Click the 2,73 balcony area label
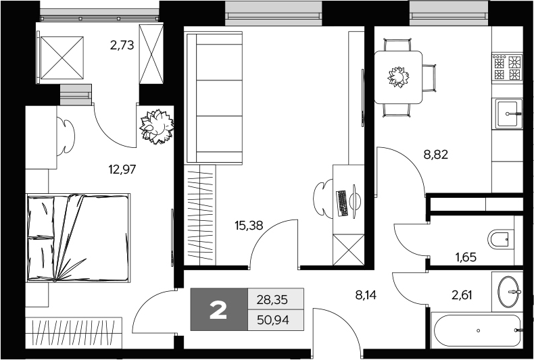coord(122,46)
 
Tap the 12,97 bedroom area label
coord(122,169)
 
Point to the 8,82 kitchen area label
coord(436,154)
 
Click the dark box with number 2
coord(219,309)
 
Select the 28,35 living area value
coord(275,299)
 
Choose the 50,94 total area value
coord(275,319)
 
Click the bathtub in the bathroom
coord(477,331)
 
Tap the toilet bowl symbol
coord(500,238)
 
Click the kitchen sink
coord(508,114)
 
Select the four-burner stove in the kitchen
coord(508,68)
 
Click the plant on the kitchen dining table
coord(398,76)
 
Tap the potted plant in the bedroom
coord(157,126)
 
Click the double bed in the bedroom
coord(78,237)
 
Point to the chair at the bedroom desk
coord(67,136)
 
